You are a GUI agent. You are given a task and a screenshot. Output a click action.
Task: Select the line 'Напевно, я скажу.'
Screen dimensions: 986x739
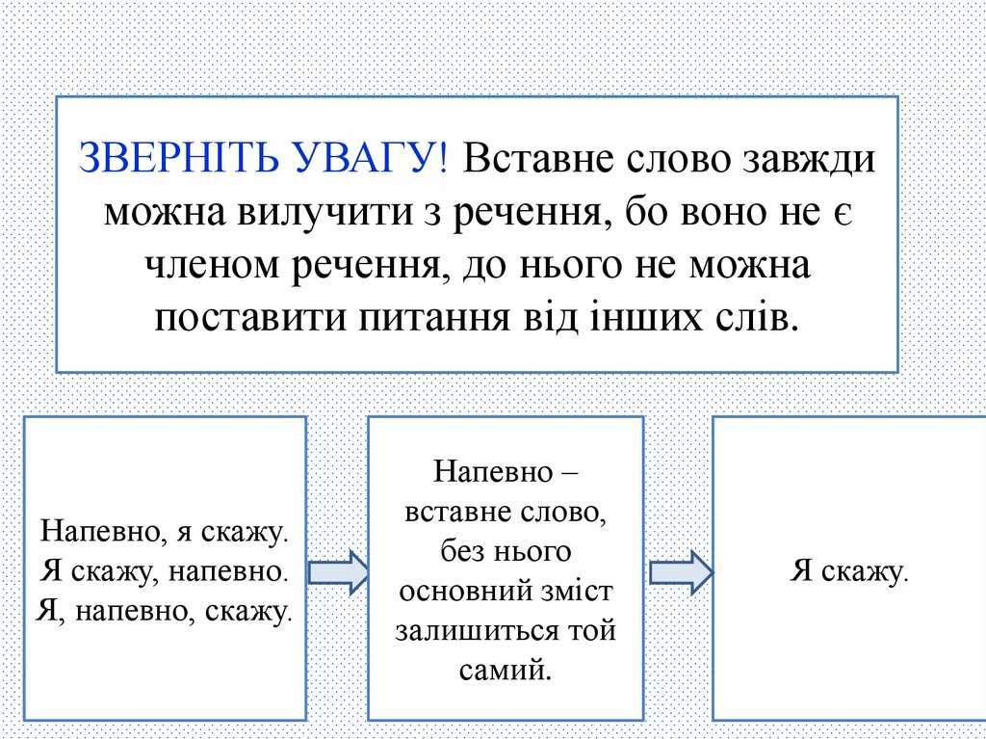(165, 531)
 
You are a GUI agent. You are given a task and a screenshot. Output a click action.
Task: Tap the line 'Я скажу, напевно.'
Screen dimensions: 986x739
(165, 570)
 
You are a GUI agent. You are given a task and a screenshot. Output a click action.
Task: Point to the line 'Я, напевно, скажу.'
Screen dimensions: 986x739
(165, 610)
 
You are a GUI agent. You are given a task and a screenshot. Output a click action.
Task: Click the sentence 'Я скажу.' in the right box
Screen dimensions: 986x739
(849, 571)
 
